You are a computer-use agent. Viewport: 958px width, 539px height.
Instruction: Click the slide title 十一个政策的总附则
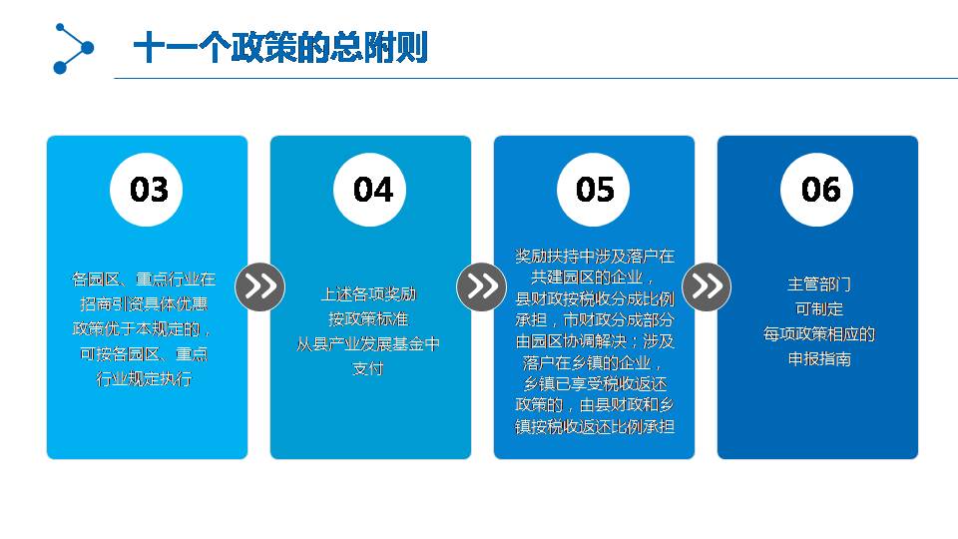coord(280,48)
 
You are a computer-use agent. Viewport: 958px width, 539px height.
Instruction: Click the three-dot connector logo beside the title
coord(73,48)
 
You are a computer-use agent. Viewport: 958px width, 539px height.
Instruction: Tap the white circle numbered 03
coord(147,190)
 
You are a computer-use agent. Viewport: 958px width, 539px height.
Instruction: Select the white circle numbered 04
coord(369,190)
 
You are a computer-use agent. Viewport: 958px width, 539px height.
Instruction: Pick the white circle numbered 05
coord(593,190)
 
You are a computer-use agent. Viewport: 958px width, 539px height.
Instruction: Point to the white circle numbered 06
coord(817,190)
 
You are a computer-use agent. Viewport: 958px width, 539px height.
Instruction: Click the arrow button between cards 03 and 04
coord(259,286)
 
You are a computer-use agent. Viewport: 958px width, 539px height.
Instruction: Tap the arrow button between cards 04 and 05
coord(481,286)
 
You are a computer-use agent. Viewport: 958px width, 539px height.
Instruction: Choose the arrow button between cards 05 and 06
coord(707,286)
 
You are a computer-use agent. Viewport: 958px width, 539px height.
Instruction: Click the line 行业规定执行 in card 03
coord(144,379)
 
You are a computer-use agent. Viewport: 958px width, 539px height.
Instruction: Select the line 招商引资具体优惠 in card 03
coord(144,303)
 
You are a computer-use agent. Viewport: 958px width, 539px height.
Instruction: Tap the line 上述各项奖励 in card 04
coord(368,294)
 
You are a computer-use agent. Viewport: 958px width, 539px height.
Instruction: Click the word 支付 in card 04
coord(368,368)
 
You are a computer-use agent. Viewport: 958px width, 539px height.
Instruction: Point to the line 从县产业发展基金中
coord(368,344)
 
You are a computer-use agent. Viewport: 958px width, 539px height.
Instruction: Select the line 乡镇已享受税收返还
coord(595,383)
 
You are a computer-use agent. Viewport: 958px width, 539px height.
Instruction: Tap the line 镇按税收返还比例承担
coord(595,426)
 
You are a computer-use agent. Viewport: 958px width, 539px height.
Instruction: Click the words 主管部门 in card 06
coord(818,284)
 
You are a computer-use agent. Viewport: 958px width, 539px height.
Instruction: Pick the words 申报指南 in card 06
coord(818,358)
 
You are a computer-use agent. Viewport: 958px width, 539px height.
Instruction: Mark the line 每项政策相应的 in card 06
coord(818,333)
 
